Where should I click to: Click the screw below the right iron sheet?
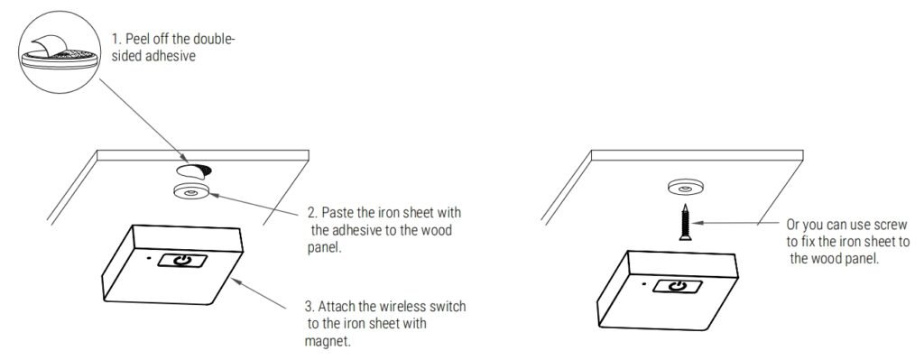(685, 222)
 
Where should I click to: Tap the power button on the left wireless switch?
(182, 260)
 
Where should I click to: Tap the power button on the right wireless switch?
(678, 286)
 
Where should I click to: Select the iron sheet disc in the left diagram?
(190, 192)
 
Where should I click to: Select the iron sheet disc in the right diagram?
(685, 189)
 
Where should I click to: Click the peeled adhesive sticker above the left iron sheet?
(193, 171)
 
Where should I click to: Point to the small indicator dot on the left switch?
(149, 257)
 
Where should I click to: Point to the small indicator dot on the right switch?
(644, 284)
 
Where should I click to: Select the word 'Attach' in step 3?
(337, 307)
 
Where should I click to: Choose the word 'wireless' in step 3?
(398, 307)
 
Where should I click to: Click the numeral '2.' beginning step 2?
(313, 211)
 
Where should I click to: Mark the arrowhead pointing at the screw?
(696, 222)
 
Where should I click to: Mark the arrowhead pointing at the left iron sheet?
(214, 194)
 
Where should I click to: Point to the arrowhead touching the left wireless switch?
(237, 282)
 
